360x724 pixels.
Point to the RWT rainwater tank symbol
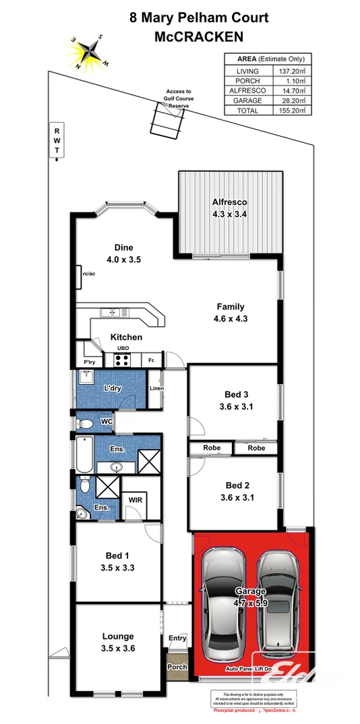click(57, 141)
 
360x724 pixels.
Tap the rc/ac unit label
click(88, 274)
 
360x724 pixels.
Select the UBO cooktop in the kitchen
click(122, 359)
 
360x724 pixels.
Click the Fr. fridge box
click(152, 359)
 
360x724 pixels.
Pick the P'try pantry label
click(89, 362)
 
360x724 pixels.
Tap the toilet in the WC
click(84, 424)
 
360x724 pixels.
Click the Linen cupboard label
click(156, 389)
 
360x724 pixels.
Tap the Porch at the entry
click(177, 667)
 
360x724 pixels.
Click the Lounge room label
click(117, 636)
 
